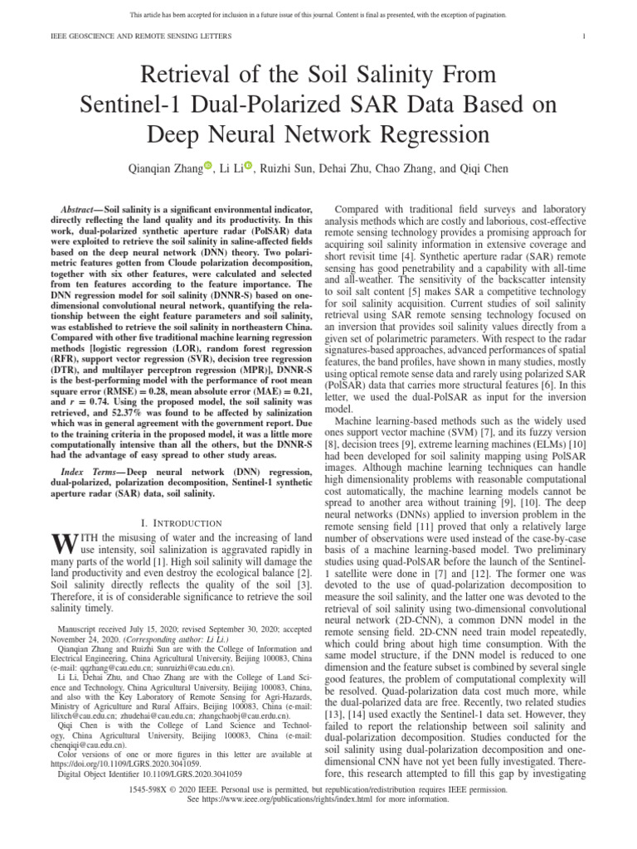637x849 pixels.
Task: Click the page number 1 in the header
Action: (586, 36)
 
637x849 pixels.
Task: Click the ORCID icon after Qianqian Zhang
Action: (208, 166)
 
